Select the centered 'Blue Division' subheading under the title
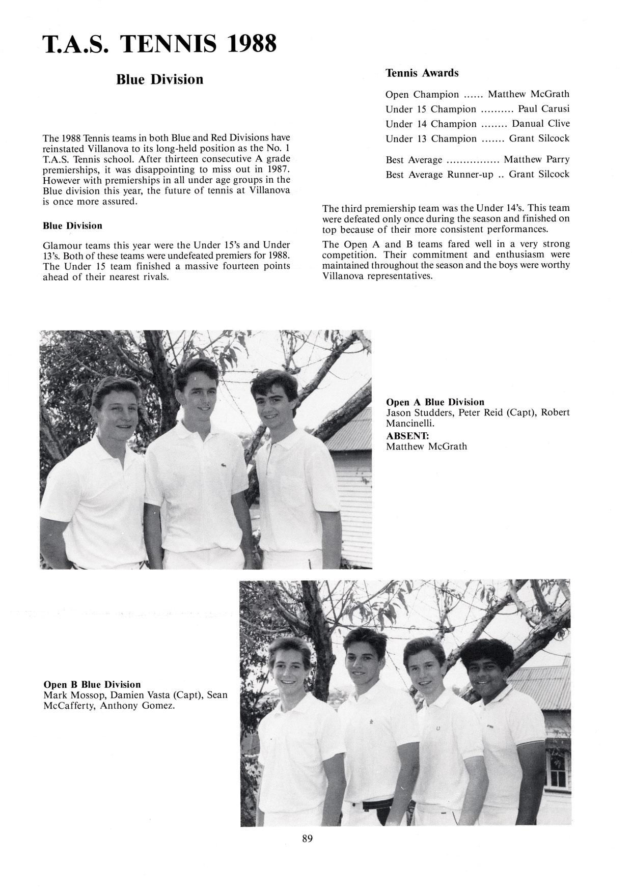159,79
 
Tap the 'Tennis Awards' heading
422,73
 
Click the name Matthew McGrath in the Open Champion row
528,94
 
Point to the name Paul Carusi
543,109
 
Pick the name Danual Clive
540,124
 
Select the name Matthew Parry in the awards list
536,159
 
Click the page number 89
307,839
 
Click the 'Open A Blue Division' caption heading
435,402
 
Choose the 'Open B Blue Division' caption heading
92,684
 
